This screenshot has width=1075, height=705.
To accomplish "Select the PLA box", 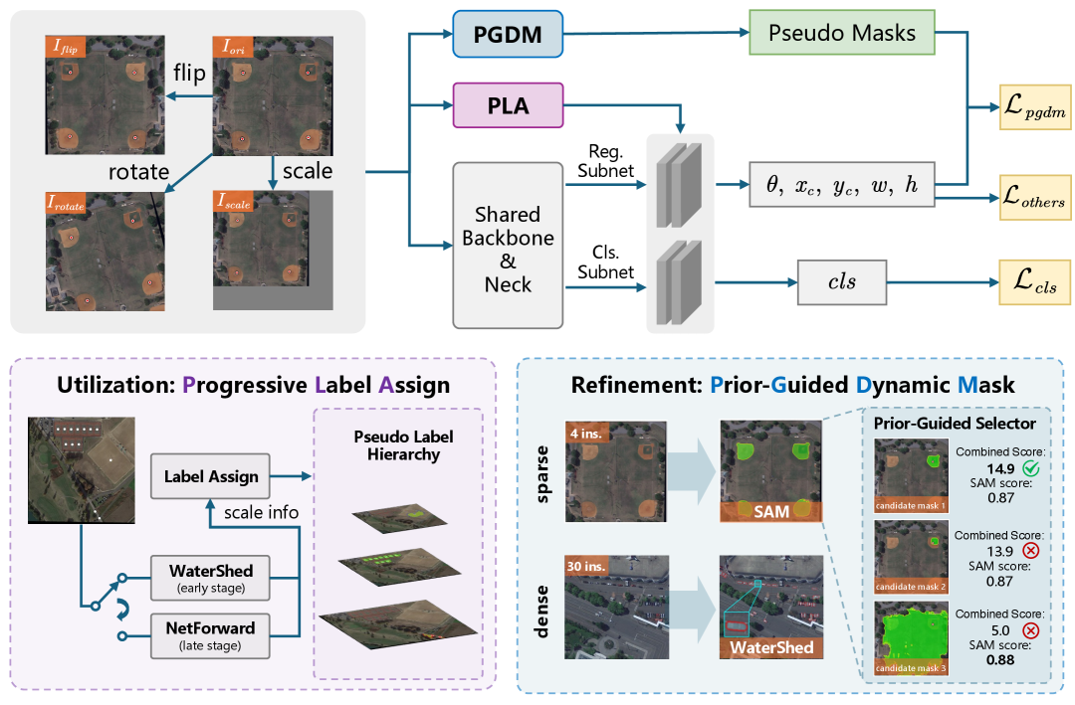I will pyautogui.click(x=507, y=103).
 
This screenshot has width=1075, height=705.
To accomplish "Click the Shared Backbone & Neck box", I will pyautogui.click(x=508, y=244).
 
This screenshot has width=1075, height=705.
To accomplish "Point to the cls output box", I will pyautogui.click(x=841, y=283).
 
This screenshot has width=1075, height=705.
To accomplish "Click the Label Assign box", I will pyautogui.click(x=210, y=476).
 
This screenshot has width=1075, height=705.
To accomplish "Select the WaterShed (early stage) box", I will pyautogui.click(x=210, y=578).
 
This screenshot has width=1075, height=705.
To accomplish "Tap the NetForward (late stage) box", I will pyautogui.click(x=210, y=633).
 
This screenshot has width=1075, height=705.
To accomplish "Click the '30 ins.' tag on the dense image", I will pyautogui.click(x=588, y=566).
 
